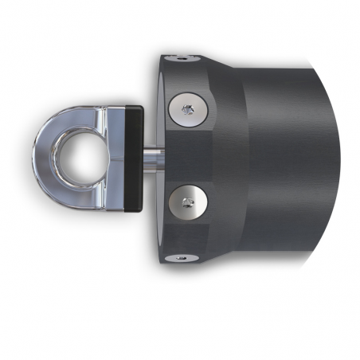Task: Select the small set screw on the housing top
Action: point(184,57)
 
